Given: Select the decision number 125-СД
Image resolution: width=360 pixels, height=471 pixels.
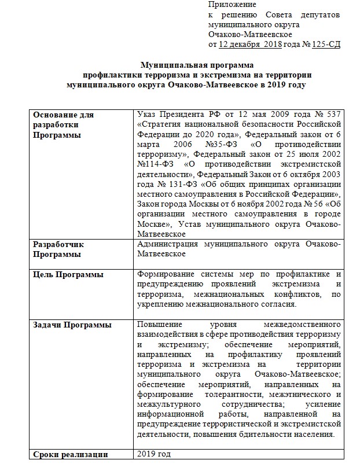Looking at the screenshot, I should click(326, 44).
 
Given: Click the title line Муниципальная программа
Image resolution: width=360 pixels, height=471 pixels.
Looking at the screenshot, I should click(198, 65).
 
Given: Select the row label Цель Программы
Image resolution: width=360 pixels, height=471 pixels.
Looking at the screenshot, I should click(68, 274).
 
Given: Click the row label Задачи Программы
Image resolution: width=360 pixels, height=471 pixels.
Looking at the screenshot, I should click(72, 325).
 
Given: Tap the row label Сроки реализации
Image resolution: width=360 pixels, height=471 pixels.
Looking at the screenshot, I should click(71, 454).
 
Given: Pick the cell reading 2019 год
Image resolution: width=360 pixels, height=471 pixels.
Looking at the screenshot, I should click(155, 454).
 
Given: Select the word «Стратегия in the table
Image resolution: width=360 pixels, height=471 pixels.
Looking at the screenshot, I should click(160, 124).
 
